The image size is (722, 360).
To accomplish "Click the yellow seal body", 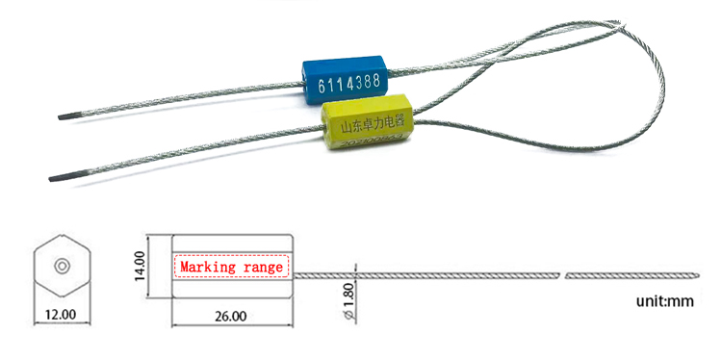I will (x=365, y=126).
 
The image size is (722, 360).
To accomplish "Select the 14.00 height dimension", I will (x=141, y=266).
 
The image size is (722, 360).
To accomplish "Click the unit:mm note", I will (x=664, y=301).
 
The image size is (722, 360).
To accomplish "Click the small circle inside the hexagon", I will (x=61, y=265).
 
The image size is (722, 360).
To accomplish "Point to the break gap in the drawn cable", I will (x=562, y=276).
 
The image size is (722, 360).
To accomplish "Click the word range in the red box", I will (x=263, y=267).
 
